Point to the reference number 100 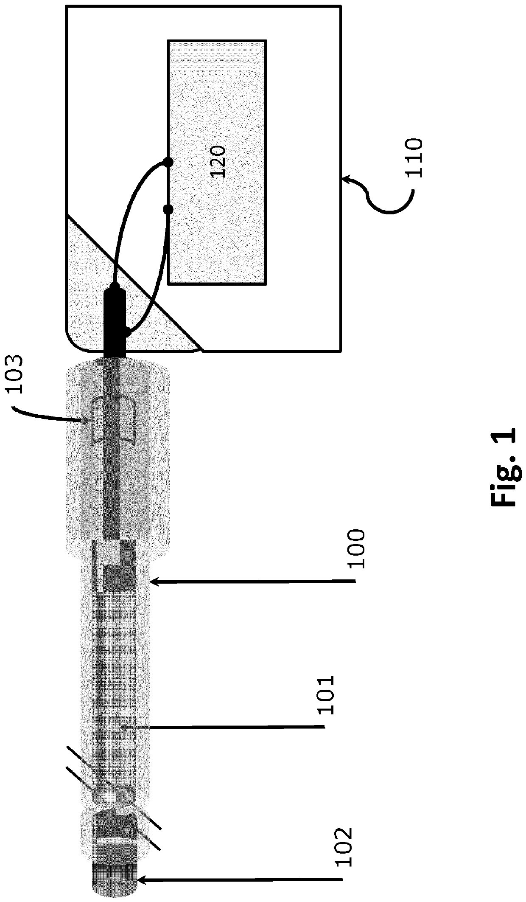[355, 549]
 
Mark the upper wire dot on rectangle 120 [168, 162]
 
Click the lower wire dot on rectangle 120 [168, 209]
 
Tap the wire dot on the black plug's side [126, 332]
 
